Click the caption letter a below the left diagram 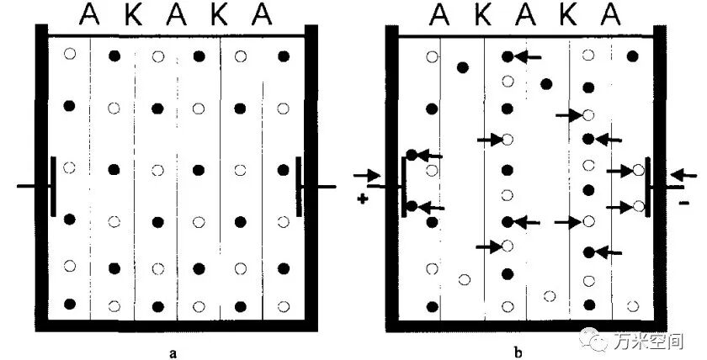(x=173, y=352)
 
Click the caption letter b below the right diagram (x=518, y=352)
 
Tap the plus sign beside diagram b (x=362, y=199)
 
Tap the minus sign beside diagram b (x=683, y=204)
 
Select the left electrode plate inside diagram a (x=53, y=186)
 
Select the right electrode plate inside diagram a (x=299, y=186)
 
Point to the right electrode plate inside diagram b (x=648, y=187)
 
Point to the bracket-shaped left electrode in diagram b (x=404, y=186)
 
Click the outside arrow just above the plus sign (x=367, y=175)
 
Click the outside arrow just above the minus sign (x=683, y=175)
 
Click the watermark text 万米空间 (x=647, y=341)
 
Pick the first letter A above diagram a (x=89, y=15)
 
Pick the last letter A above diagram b (x=611, y=15)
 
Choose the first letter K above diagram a (x=134, y=15)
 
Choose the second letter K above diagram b (x=568, y=15)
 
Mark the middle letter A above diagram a (x=176, y=15)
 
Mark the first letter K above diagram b (x=482, y=15)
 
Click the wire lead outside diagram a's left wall (x=27, y=186)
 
